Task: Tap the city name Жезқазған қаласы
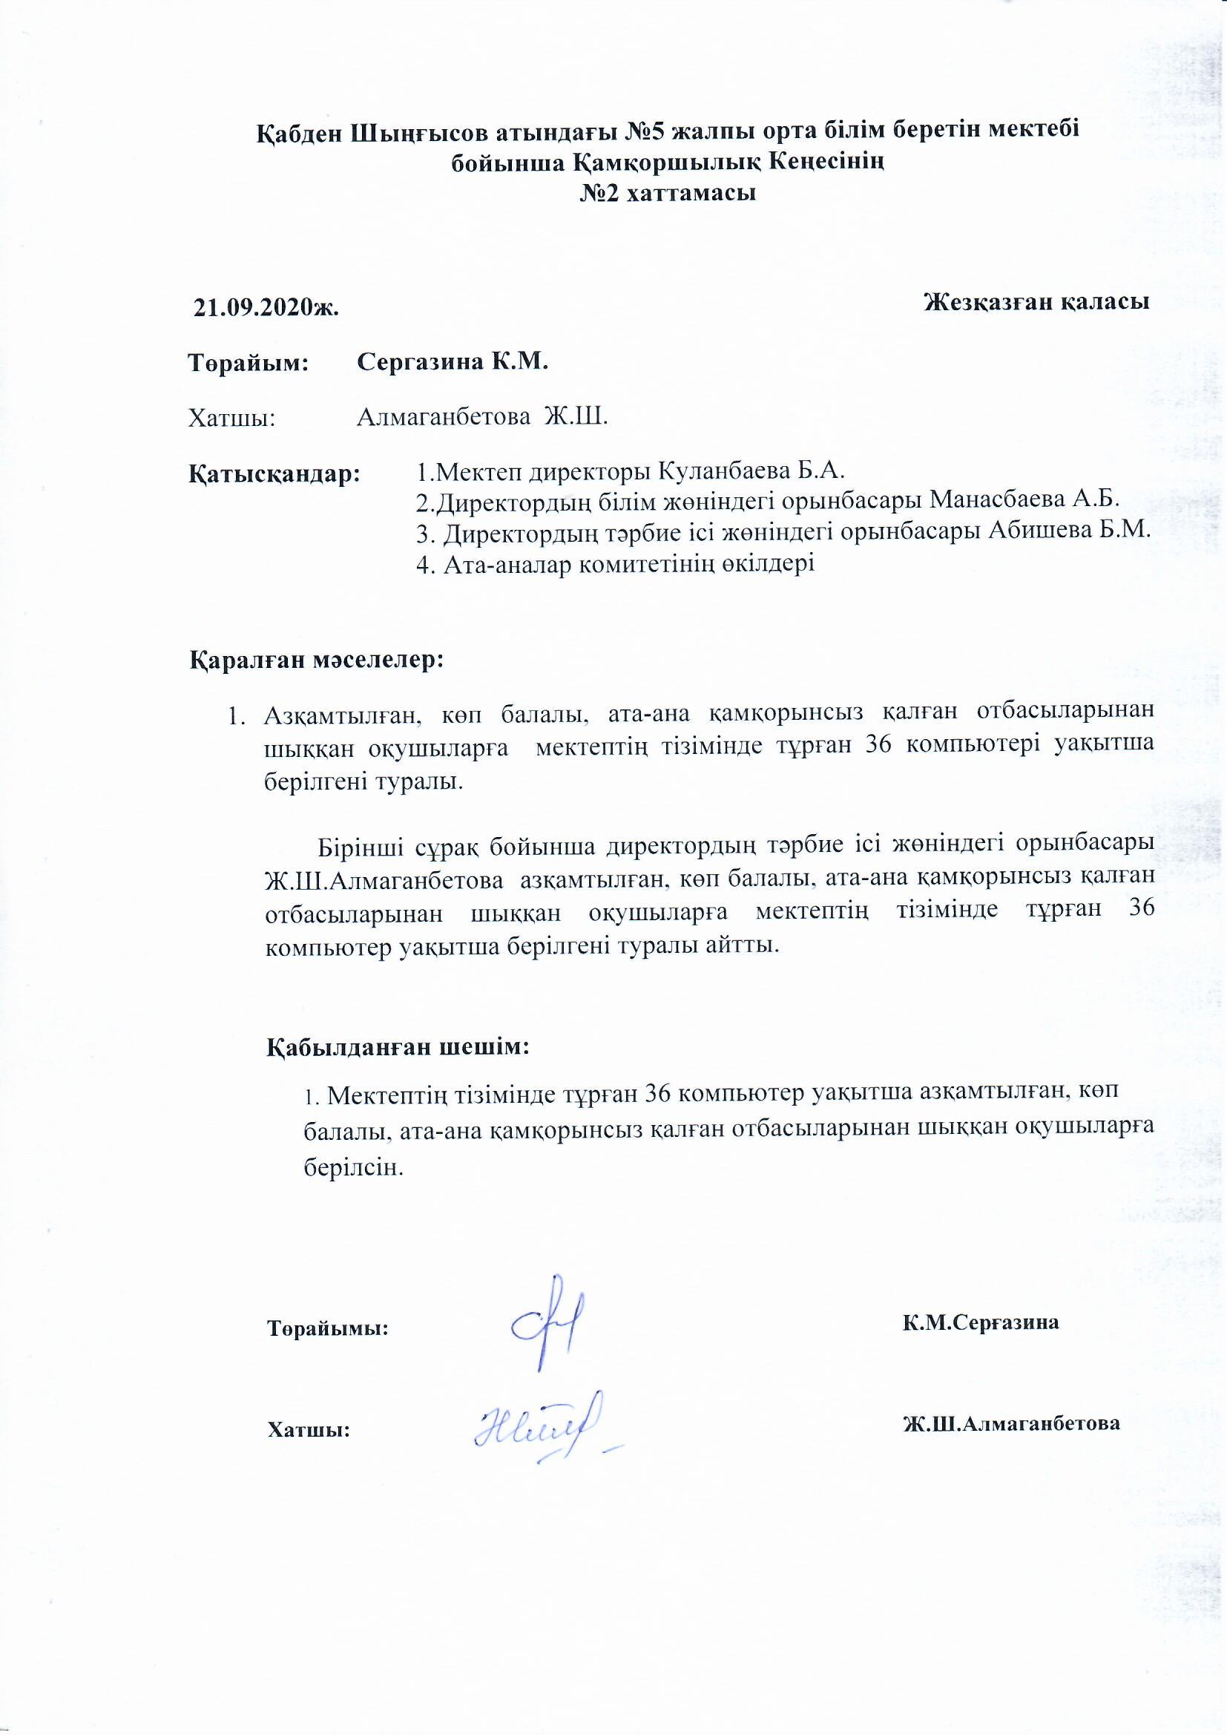coord(1036,301)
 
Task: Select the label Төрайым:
coord(249,363)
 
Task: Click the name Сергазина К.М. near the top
coord(452,362)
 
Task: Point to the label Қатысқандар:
coord(274,473)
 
